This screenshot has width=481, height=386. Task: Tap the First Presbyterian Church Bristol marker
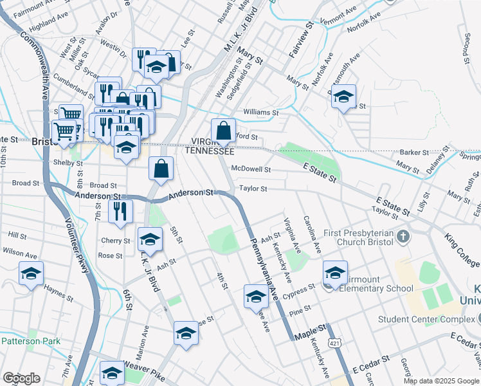pos(403,236)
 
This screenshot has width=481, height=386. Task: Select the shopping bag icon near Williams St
pos(223,131)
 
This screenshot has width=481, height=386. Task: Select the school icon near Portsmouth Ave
pos(344,96)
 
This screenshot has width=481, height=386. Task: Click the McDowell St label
pos(251,169)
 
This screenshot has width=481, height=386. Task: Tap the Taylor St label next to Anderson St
pos(253,188)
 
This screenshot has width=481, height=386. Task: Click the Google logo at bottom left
pos(21,378)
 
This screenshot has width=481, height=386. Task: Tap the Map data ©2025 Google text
pos(441,381)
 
